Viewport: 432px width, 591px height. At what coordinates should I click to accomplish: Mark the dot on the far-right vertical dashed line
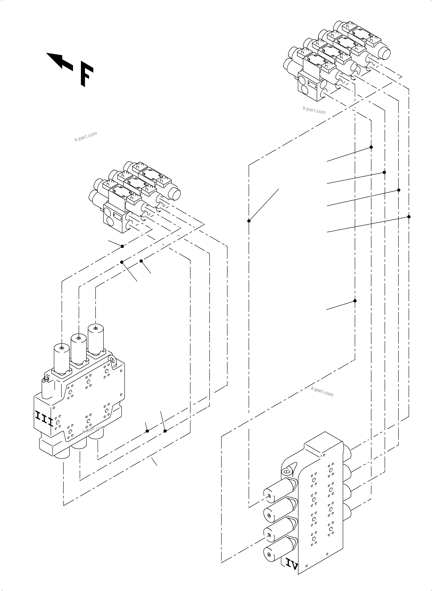click(x=409, y=217)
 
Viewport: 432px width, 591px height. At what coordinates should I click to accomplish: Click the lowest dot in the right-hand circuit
click(x=355, y=301)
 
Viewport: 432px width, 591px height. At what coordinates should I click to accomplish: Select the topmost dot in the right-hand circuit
click(x=371, y=147)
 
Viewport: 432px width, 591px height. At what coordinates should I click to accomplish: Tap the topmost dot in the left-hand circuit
click(x=122, y=246)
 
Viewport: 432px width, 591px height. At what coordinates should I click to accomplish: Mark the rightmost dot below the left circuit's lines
click(x=165, y=431)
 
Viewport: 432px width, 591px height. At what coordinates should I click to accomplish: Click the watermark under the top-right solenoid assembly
click(x=314, y=110)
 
